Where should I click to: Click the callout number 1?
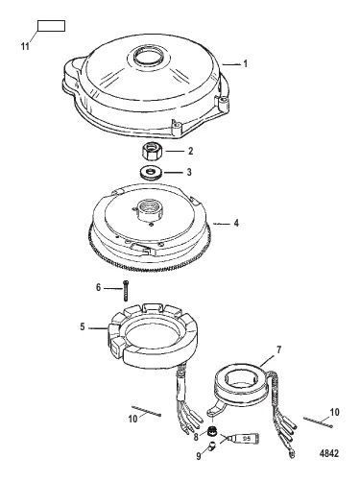245,63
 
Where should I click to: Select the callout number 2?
190,151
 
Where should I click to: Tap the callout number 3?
190,172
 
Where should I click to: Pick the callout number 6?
99,287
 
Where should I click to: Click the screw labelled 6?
125,287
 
